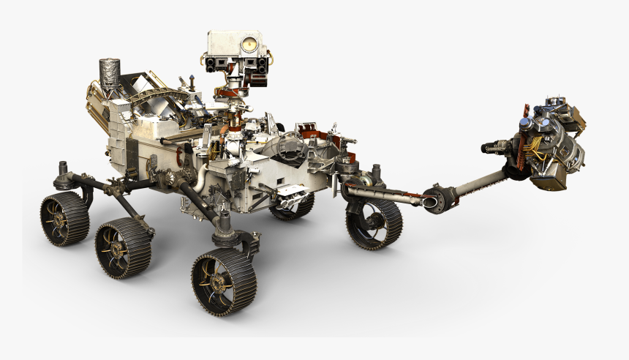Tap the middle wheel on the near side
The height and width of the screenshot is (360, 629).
122,250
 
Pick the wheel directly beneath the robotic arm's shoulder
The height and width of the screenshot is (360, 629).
374,223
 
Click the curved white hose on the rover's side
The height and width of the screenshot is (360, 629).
199,176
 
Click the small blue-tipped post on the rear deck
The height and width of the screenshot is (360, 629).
191,78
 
